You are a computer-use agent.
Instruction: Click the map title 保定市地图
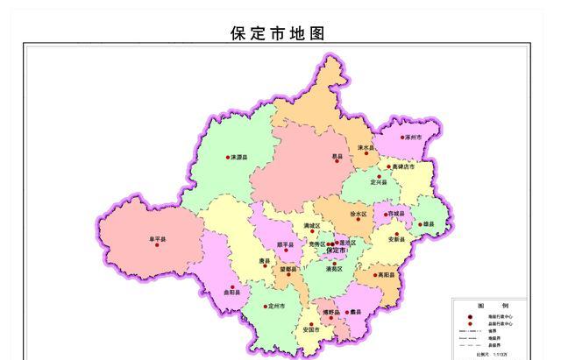(x=278, y=33)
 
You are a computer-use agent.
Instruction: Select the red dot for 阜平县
(x=157, y=244)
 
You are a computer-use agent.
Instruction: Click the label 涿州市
(x=414, y=138)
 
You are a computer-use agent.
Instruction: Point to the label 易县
(x=337, y=158)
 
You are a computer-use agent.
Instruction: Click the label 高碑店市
(x=405, y=166)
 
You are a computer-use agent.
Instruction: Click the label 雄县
(x=428, y=225)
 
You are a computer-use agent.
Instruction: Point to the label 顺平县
(x=285, y=244)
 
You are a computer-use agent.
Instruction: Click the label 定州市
(x=277, y=307)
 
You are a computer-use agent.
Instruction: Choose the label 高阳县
(x=387, y=275)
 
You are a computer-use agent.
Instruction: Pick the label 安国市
(x=310, y=329)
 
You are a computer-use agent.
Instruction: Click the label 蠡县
(x=356, y=312)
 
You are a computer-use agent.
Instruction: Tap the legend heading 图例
(x=480, y=305)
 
